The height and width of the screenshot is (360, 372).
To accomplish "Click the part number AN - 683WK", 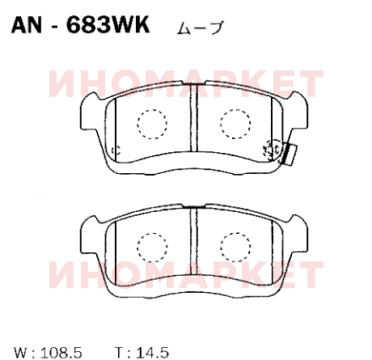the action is tap(80, 24).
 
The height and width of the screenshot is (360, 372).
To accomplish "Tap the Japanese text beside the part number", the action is tap(201, 28).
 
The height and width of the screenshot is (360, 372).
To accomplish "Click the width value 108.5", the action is tap(61, 353).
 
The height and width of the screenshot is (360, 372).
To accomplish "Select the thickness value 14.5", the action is tap(153, 353).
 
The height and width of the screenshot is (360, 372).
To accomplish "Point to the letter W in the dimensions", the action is tap(22, 353).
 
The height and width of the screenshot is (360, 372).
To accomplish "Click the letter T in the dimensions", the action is tap(119, 353).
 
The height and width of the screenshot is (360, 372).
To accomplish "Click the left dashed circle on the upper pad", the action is tap(152, 124).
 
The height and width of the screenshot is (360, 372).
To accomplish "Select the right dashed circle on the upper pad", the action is tap(235, 124).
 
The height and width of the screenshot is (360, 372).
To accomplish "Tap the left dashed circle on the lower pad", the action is tap(152, 247).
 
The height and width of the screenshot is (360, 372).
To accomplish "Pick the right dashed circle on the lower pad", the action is tap(235, 247).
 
